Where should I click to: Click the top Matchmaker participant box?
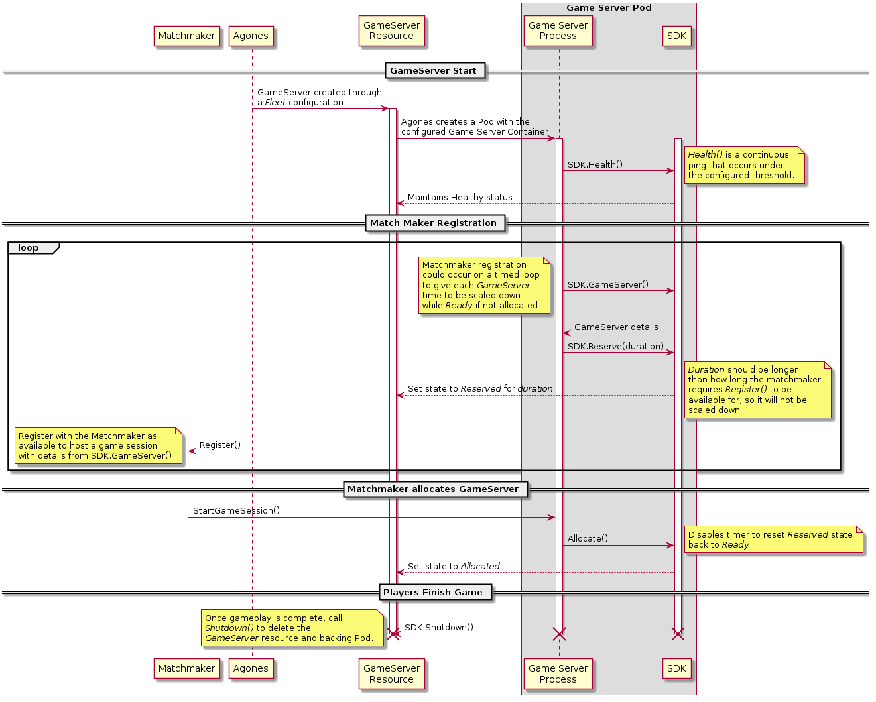pos(186,36)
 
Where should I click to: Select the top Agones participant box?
pos(251,36)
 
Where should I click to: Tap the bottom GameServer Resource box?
pos(391,673)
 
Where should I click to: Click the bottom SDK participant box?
pos(676,668)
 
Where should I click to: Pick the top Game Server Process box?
pos(558,31)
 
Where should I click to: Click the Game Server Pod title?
pos(609,8)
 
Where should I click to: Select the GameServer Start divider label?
pos(433,70)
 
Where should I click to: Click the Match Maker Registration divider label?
pos(433,223)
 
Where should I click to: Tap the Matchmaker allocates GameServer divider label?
pos(433,489)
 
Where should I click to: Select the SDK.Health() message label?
pos(595,164)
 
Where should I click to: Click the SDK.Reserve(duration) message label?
pos(615,346)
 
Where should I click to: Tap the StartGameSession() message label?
pos(236,510)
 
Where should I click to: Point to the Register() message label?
pos(219,445)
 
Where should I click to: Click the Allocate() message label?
pos(588,538)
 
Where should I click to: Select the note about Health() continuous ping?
pos(743,165)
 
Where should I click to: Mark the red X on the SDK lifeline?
pos(678,634)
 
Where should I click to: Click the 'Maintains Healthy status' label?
pos(460,198)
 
